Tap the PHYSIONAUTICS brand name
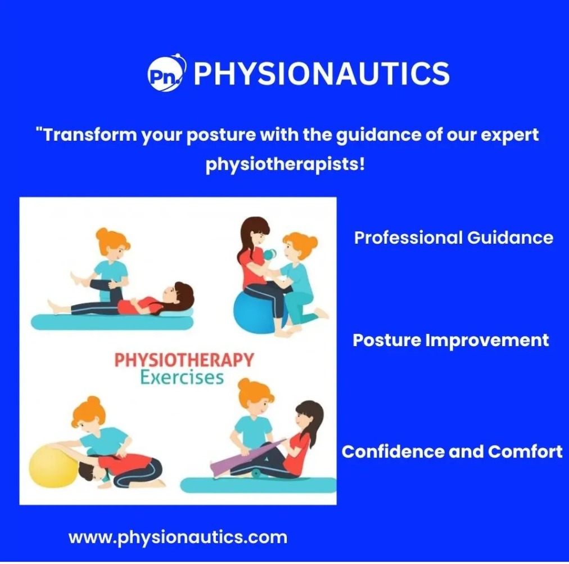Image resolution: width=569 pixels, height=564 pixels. click(x=322, y=73)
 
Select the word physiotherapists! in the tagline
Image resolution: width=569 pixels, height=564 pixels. click(x=285, y=164)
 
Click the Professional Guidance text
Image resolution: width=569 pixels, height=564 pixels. click(x=454, y=238)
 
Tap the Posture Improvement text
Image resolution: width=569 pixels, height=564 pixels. click(x=451, y=341)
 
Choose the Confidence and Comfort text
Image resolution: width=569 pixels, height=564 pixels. click(x=452, y=452)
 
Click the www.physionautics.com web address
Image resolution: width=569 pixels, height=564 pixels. click(x=178, y=538)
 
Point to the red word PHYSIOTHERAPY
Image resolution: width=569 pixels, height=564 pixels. click(x=184, y=360)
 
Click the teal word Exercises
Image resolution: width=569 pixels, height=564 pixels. click(x=182, y=378)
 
